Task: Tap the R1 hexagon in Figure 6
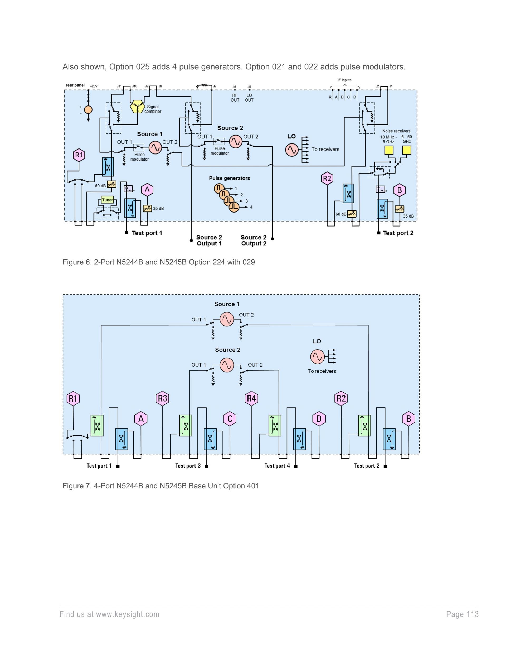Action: click(x=79, y=155)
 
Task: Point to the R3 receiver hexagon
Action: click(x=162, y=399)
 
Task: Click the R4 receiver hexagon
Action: click(x=251, y=399)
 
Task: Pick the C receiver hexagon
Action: click(x=230, y=419)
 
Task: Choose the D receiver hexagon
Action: click(x=319, y=419)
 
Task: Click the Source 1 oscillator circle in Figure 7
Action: click(x=227, y=319)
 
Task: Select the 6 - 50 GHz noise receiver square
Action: click(x=406, y=150)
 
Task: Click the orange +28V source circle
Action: click(x=88, y=110)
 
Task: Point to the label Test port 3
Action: click(x=188, y=466)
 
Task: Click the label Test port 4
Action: click(x=277, y=466)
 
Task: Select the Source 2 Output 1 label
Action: click(x=209, y=240)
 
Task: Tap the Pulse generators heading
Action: click(x=229, y=178)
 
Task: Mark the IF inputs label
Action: click(x=344, y=80)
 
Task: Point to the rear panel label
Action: click(x=75, y=85)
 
